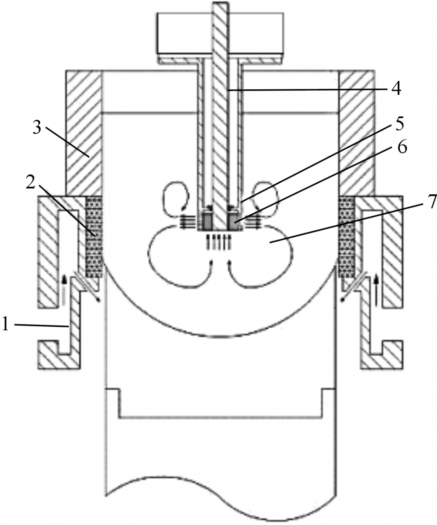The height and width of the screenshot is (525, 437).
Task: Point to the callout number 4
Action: pyautogui.click(x=396, y=89)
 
